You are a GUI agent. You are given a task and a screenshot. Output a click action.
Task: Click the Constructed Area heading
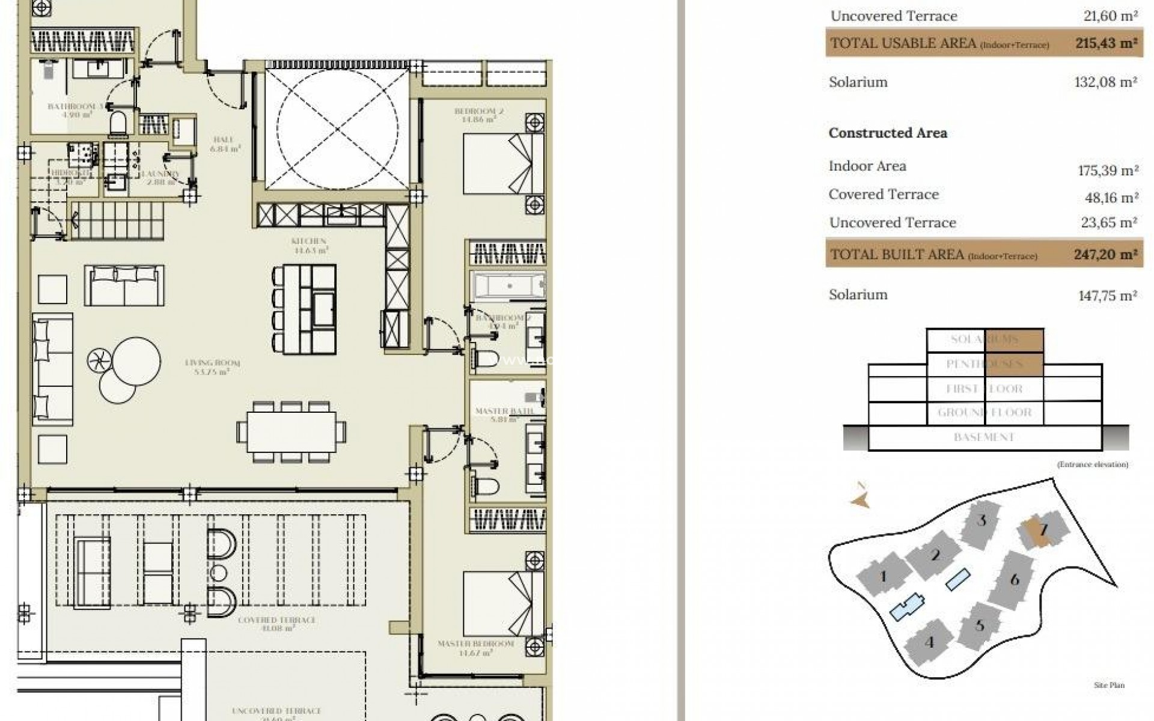point(887,133)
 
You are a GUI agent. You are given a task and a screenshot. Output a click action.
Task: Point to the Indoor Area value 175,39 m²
point(1108,171)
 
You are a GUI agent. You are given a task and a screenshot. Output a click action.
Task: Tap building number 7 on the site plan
point(1043,530)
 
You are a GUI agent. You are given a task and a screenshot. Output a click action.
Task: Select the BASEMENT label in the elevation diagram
point(984,437)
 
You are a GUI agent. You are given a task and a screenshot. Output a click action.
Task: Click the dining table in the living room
point(291,432)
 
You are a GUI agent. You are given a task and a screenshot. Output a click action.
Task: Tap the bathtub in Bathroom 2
point(508,286)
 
